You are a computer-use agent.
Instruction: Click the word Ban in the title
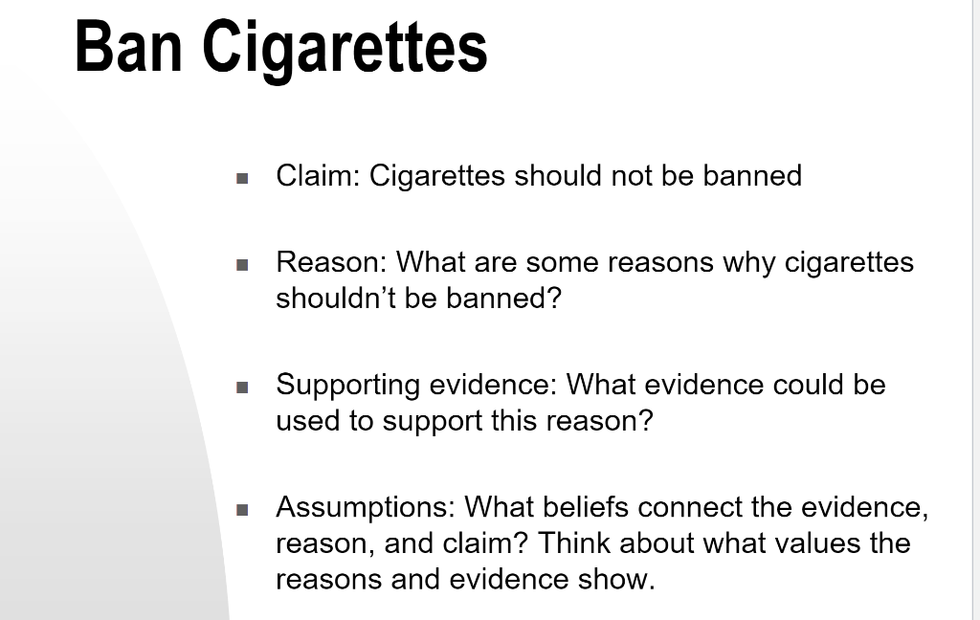[x=129, y=47]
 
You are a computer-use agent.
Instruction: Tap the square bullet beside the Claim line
[x=242, y=179]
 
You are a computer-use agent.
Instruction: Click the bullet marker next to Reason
[x=242, y=265]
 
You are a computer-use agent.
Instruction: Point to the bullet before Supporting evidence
[x=242, y=387]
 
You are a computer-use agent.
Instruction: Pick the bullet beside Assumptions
[x=242, y=510]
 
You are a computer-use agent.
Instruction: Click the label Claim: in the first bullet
[x=318, y=176]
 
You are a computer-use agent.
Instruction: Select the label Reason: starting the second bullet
[x=332, y=263]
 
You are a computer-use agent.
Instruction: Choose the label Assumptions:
[x=366, y=507]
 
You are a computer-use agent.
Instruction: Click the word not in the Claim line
[x=632, y=176]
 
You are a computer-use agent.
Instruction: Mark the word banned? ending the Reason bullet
[x=503, y=299]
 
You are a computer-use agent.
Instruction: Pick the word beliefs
[x=586, y=507]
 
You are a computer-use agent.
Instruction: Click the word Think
[x=574, y=542]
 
